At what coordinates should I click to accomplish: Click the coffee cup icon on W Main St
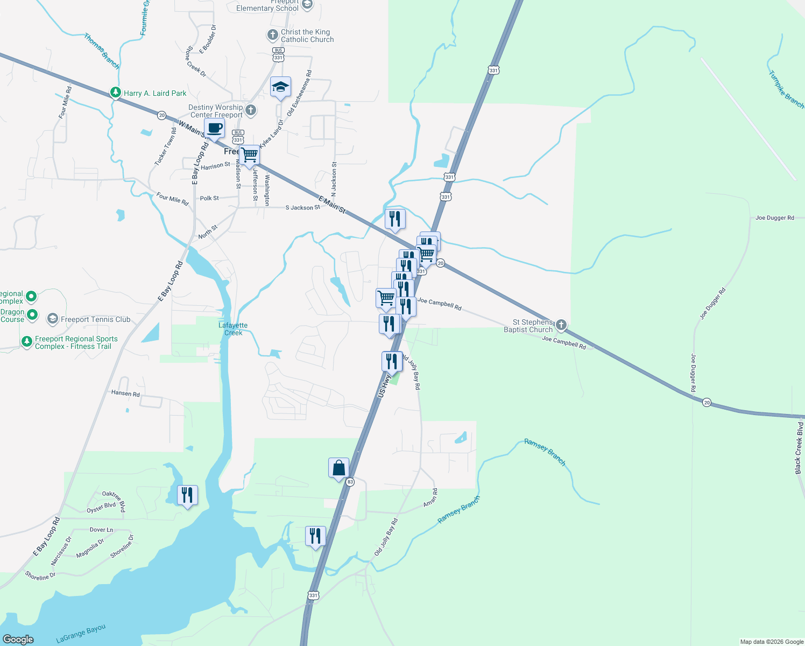214,129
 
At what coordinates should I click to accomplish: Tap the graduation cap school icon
280,87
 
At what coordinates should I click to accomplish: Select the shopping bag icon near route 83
338,468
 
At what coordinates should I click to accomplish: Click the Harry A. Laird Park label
155,93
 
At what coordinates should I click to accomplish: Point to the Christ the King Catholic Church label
307,36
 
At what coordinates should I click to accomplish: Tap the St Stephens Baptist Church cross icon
561,325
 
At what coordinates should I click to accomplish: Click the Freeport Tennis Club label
95,319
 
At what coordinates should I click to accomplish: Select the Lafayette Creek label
233,329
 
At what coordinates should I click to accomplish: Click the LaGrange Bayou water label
81,634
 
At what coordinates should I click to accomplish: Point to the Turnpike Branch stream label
786,89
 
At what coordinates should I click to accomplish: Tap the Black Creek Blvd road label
799,448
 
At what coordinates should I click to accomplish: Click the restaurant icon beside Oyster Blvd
187,495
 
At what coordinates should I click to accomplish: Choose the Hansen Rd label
125,394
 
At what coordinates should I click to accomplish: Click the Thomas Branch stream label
101,51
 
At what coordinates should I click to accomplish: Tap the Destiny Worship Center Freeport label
216,111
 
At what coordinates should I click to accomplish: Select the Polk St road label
209,198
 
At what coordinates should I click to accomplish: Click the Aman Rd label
430,497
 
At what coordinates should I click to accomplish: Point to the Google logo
18,640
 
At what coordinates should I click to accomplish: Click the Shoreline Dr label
40,576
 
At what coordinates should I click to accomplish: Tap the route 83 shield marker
350,482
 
